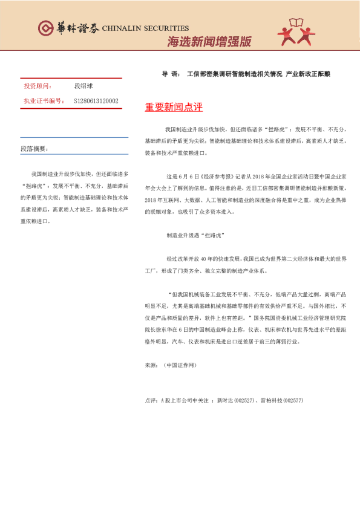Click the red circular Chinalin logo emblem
click(46, 28)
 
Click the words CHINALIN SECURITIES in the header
click(145, 28)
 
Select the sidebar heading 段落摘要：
click(34, 148)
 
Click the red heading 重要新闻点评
click(174, 108)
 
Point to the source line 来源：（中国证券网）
click(171, 365)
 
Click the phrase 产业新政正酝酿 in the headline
click(308, 74)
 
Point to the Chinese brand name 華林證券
click(77, 28)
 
